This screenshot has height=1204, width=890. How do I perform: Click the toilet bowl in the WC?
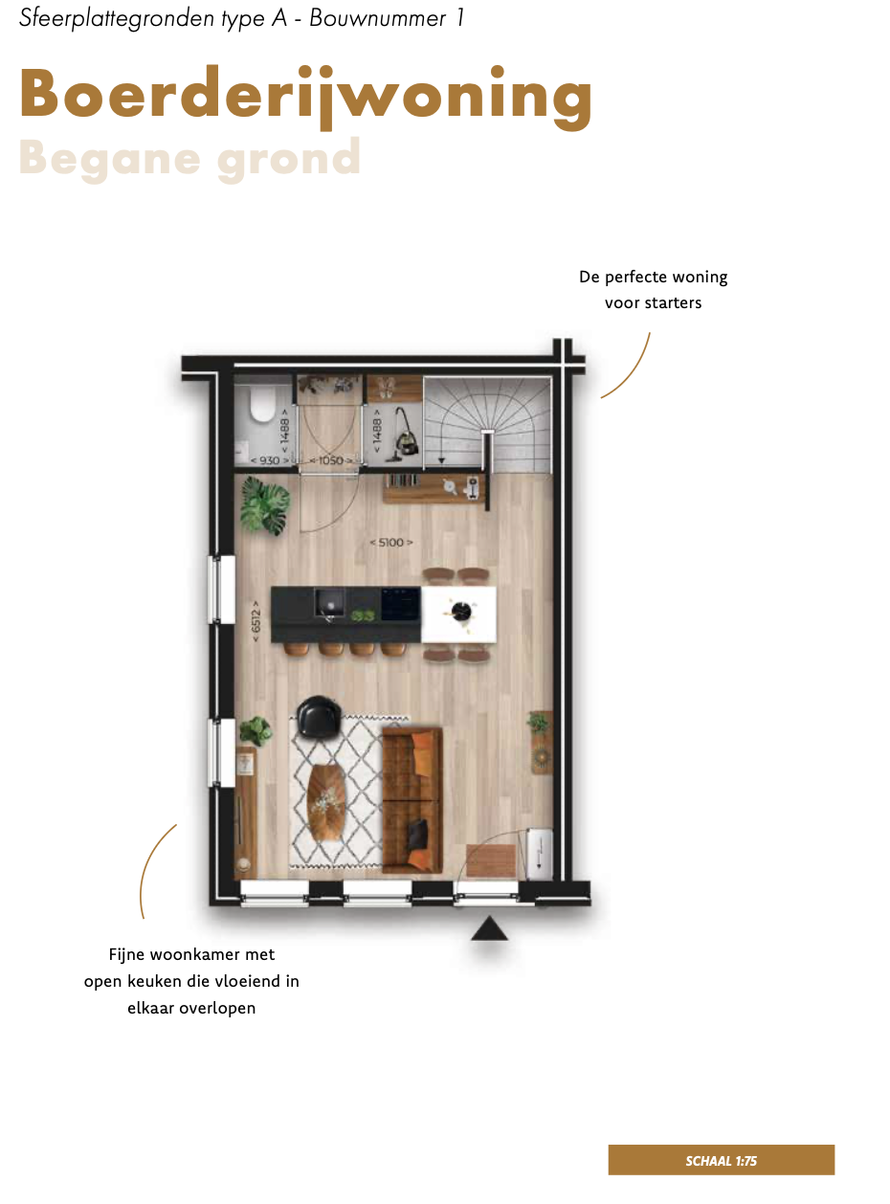pos(261,404)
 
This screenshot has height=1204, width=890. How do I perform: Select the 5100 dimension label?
pos(391,543)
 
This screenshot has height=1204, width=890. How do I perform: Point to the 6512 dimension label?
pos(256,620)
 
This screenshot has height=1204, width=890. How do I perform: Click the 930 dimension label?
pos(269,460)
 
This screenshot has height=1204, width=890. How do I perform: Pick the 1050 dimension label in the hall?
pos(331,460)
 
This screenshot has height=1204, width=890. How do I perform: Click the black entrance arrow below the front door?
pos(489,927)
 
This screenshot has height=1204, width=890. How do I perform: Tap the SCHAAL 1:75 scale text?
pos(721,1161)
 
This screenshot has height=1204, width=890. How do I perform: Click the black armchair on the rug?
pos(319,717)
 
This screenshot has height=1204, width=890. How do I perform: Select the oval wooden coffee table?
pos(326,803)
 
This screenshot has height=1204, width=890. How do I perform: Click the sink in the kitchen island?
pos(329,603)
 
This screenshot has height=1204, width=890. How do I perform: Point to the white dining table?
pos(458,613)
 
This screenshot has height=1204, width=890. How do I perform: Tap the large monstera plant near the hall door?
pos(265,504)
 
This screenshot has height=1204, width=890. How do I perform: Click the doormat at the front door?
pos(490,859)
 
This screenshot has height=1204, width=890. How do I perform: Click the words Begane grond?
pos(189,159)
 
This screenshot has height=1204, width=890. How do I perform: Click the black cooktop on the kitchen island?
pos(401,604)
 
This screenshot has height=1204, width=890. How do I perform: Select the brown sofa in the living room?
pos(412,801)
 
